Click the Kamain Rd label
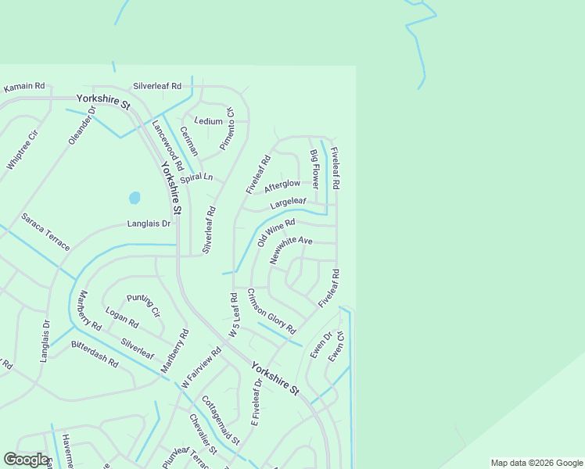click(x=24, y=88)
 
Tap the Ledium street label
click(x=208, y=121)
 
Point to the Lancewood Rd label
click(x=167, y=145)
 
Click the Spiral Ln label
click(x=196, y=178)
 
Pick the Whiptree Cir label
click(x=22, y=152)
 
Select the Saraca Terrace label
click(x=45, y=232)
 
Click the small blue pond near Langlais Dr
click(x=134, y=198)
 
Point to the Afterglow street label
click(x=282, y=185)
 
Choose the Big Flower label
click(x=314, y=169)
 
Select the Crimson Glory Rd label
click(x=271, y=310)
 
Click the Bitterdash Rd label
click(x=94, y=354)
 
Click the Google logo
click(x=27, y=460)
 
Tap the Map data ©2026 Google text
click(x=537, y=463)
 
